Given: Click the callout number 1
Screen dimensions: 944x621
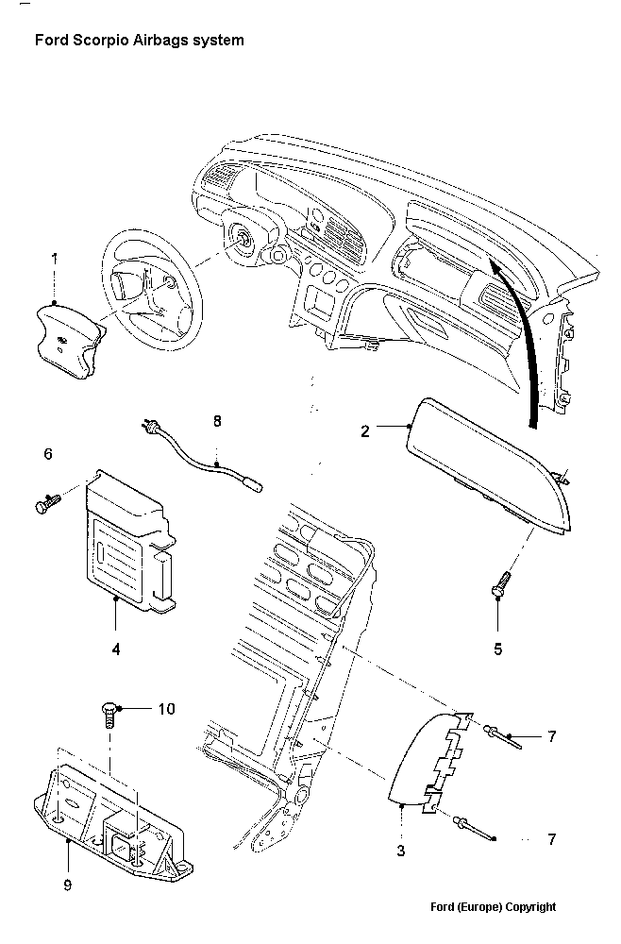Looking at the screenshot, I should pos(54,257).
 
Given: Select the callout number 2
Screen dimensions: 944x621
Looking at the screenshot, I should pos(364,431).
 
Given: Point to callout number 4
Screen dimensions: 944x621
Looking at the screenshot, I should pos(115,649).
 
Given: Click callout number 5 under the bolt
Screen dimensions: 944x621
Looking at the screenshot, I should pos(497,649).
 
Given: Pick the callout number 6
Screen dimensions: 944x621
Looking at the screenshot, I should pos(47,454).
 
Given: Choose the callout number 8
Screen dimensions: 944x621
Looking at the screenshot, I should pos(217,421).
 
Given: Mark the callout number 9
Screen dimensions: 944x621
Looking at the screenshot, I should pos(67,885).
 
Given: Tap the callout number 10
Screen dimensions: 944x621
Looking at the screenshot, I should pos(166,708).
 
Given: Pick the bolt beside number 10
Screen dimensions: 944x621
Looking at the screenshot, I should pos(109,714).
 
